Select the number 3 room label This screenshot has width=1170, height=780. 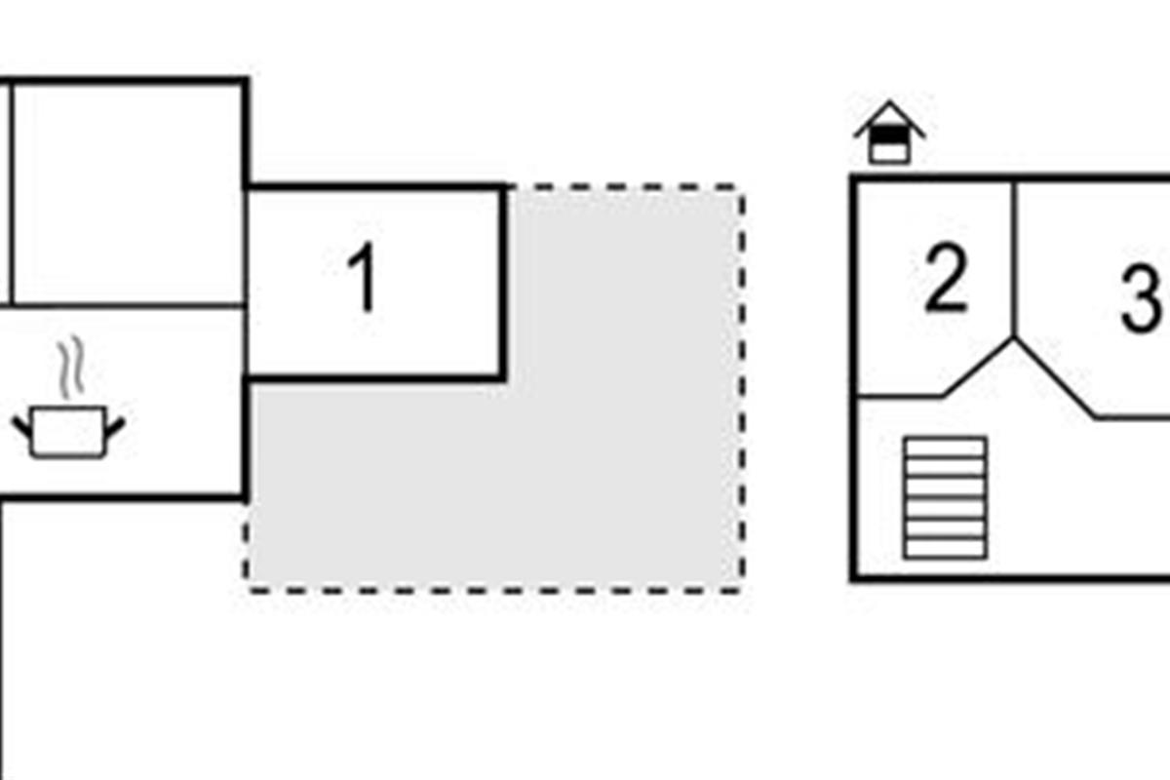click(x=1141, y=298)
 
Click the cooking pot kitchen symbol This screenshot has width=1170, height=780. click(x=67, y=432)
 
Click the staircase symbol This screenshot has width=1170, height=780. click(x=945, y=497)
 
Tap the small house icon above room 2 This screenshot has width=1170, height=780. click(x=888, y=135)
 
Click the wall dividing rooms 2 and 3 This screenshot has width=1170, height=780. click(x=1015, y=258)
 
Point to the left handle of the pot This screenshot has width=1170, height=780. click(x=21, y=424)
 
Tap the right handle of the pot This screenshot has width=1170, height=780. click(x=115, y=424)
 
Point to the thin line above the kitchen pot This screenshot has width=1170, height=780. click(x=127, y=305)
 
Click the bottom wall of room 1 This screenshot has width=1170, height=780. click(x=375, y=376)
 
